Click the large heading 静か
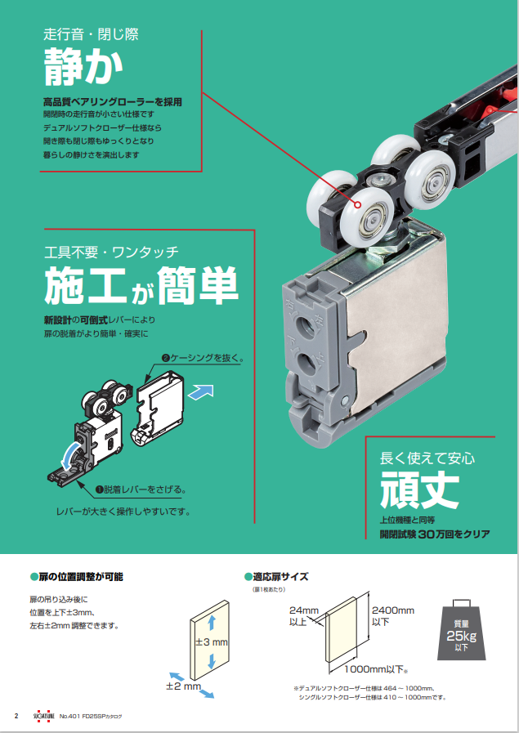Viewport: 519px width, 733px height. (x=83, y=67)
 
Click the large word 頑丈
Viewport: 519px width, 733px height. (x=419, y=489)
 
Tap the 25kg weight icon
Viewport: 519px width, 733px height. (x=461, y=630)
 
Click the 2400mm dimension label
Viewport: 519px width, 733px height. (x=393, y=615)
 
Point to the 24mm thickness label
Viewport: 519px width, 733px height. (x=303, y=615)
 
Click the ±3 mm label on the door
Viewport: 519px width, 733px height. (x=212, y=641)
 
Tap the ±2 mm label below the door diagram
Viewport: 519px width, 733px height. (x=183, y=686)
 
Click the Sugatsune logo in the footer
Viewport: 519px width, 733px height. (x=44, y=716)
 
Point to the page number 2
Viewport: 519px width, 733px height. (x=16, y=716)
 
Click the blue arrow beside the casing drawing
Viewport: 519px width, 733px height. (x=200, y=391)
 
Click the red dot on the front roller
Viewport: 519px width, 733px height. (x=358, y=205)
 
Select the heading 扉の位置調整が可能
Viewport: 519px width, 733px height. (x=76, y=577)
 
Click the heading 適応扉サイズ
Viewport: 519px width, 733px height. (x=276, y=577)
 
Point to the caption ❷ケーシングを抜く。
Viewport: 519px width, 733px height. (x=203, y=359)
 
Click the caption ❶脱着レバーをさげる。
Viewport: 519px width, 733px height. (x=141, y=489)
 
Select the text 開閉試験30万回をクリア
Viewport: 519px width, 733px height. (x=435, y=534)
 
